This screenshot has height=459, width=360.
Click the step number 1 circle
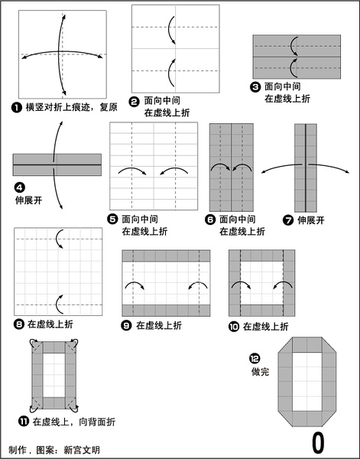click(x=17, y=107)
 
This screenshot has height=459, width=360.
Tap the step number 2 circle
click(x=135, y=102)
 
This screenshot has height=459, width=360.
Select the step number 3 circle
click(x=255, y=87)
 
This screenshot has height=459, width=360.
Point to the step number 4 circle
click(x=20, y=187)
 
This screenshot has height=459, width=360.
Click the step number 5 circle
click(x=112, y=220)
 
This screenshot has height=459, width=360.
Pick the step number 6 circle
click(x=210, y=220)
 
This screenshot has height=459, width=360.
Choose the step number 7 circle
click(x=288, y=220)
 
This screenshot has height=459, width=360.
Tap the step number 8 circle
click(x=18, y=324)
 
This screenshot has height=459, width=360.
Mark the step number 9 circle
click(x=126, y=326)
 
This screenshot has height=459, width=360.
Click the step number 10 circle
click(x=234, y=327)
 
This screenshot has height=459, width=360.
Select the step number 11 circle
click(x=24, y=422)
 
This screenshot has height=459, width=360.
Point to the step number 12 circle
click(x=255, y=358)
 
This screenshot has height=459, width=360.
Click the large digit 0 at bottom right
click(x=318, y=443)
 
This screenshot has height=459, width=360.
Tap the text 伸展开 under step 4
click(x=28, y=200)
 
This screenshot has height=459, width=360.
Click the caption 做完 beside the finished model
click(x=260, y=372)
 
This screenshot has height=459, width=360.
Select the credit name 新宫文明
click(x=82, y=450)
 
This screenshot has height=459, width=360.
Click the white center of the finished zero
click(x=307, y=382)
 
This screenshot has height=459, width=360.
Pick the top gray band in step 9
click(x=166, y=256)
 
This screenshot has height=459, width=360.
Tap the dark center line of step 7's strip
click(x=306, y=168)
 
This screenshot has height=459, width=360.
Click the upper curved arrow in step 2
click(x=169, y=29)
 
